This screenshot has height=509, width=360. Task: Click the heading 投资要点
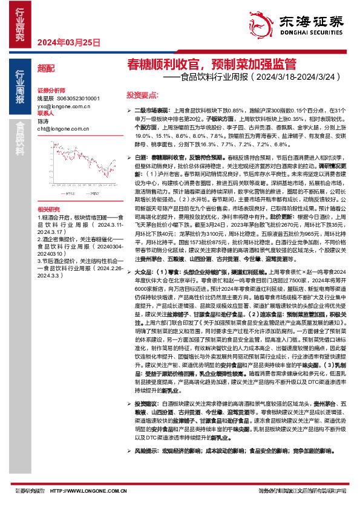click(x=142, y=95)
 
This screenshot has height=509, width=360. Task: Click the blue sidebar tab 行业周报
click(x=20, y=87)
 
